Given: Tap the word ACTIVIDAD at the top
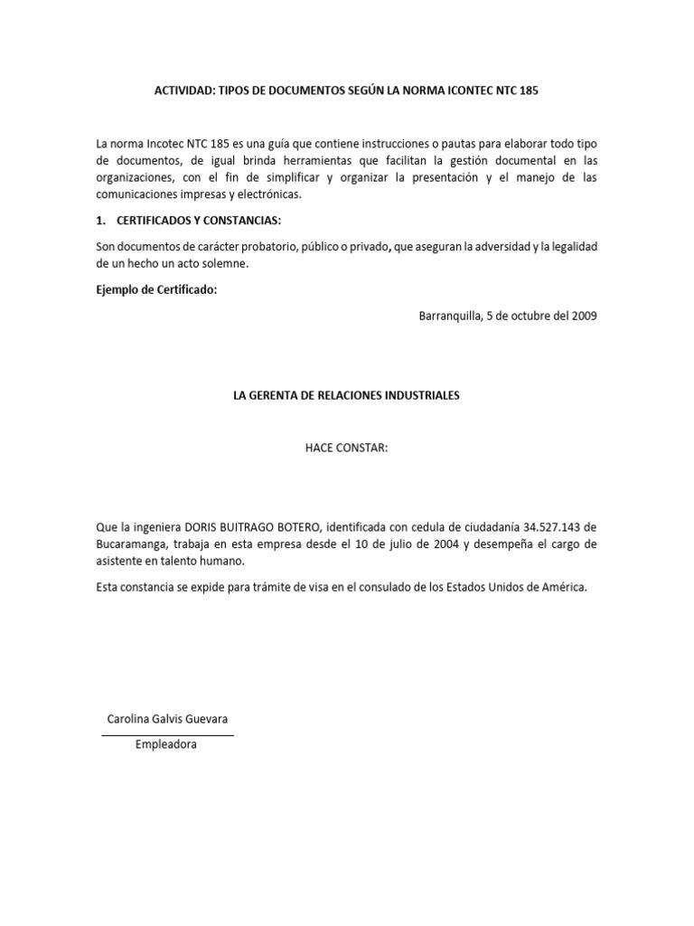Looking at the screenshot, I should [x=181, y=92].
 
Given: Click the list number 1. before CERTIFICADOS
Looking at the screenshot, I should [x=101, y=222].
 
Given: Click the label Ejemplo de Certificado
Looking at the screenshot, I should [x=156, y=289].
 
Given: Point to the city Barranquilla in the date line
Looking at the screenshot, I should [x=452, y=316].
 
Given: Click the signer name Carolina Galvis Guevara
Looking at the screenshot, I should [x=167, y=719].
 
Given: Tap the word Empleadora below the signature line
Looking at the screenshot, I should [x=166, y=745].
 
